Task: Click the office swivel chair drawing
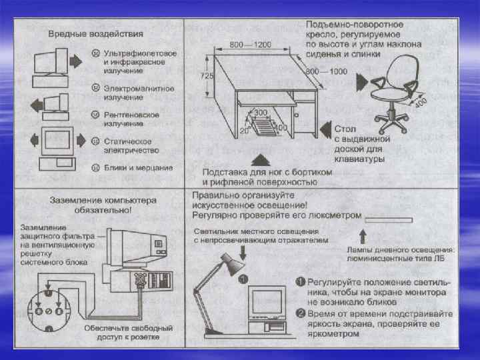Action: [397, 93]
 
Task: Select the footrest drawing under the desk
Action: [264, 125]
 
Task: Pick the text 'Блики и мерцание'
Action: [138, 167]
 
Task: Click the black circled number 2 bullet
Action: [301, 313]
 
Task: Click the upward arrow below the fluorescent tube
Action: [363, 235]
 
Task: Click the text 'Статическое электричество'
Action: [127, 145]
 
